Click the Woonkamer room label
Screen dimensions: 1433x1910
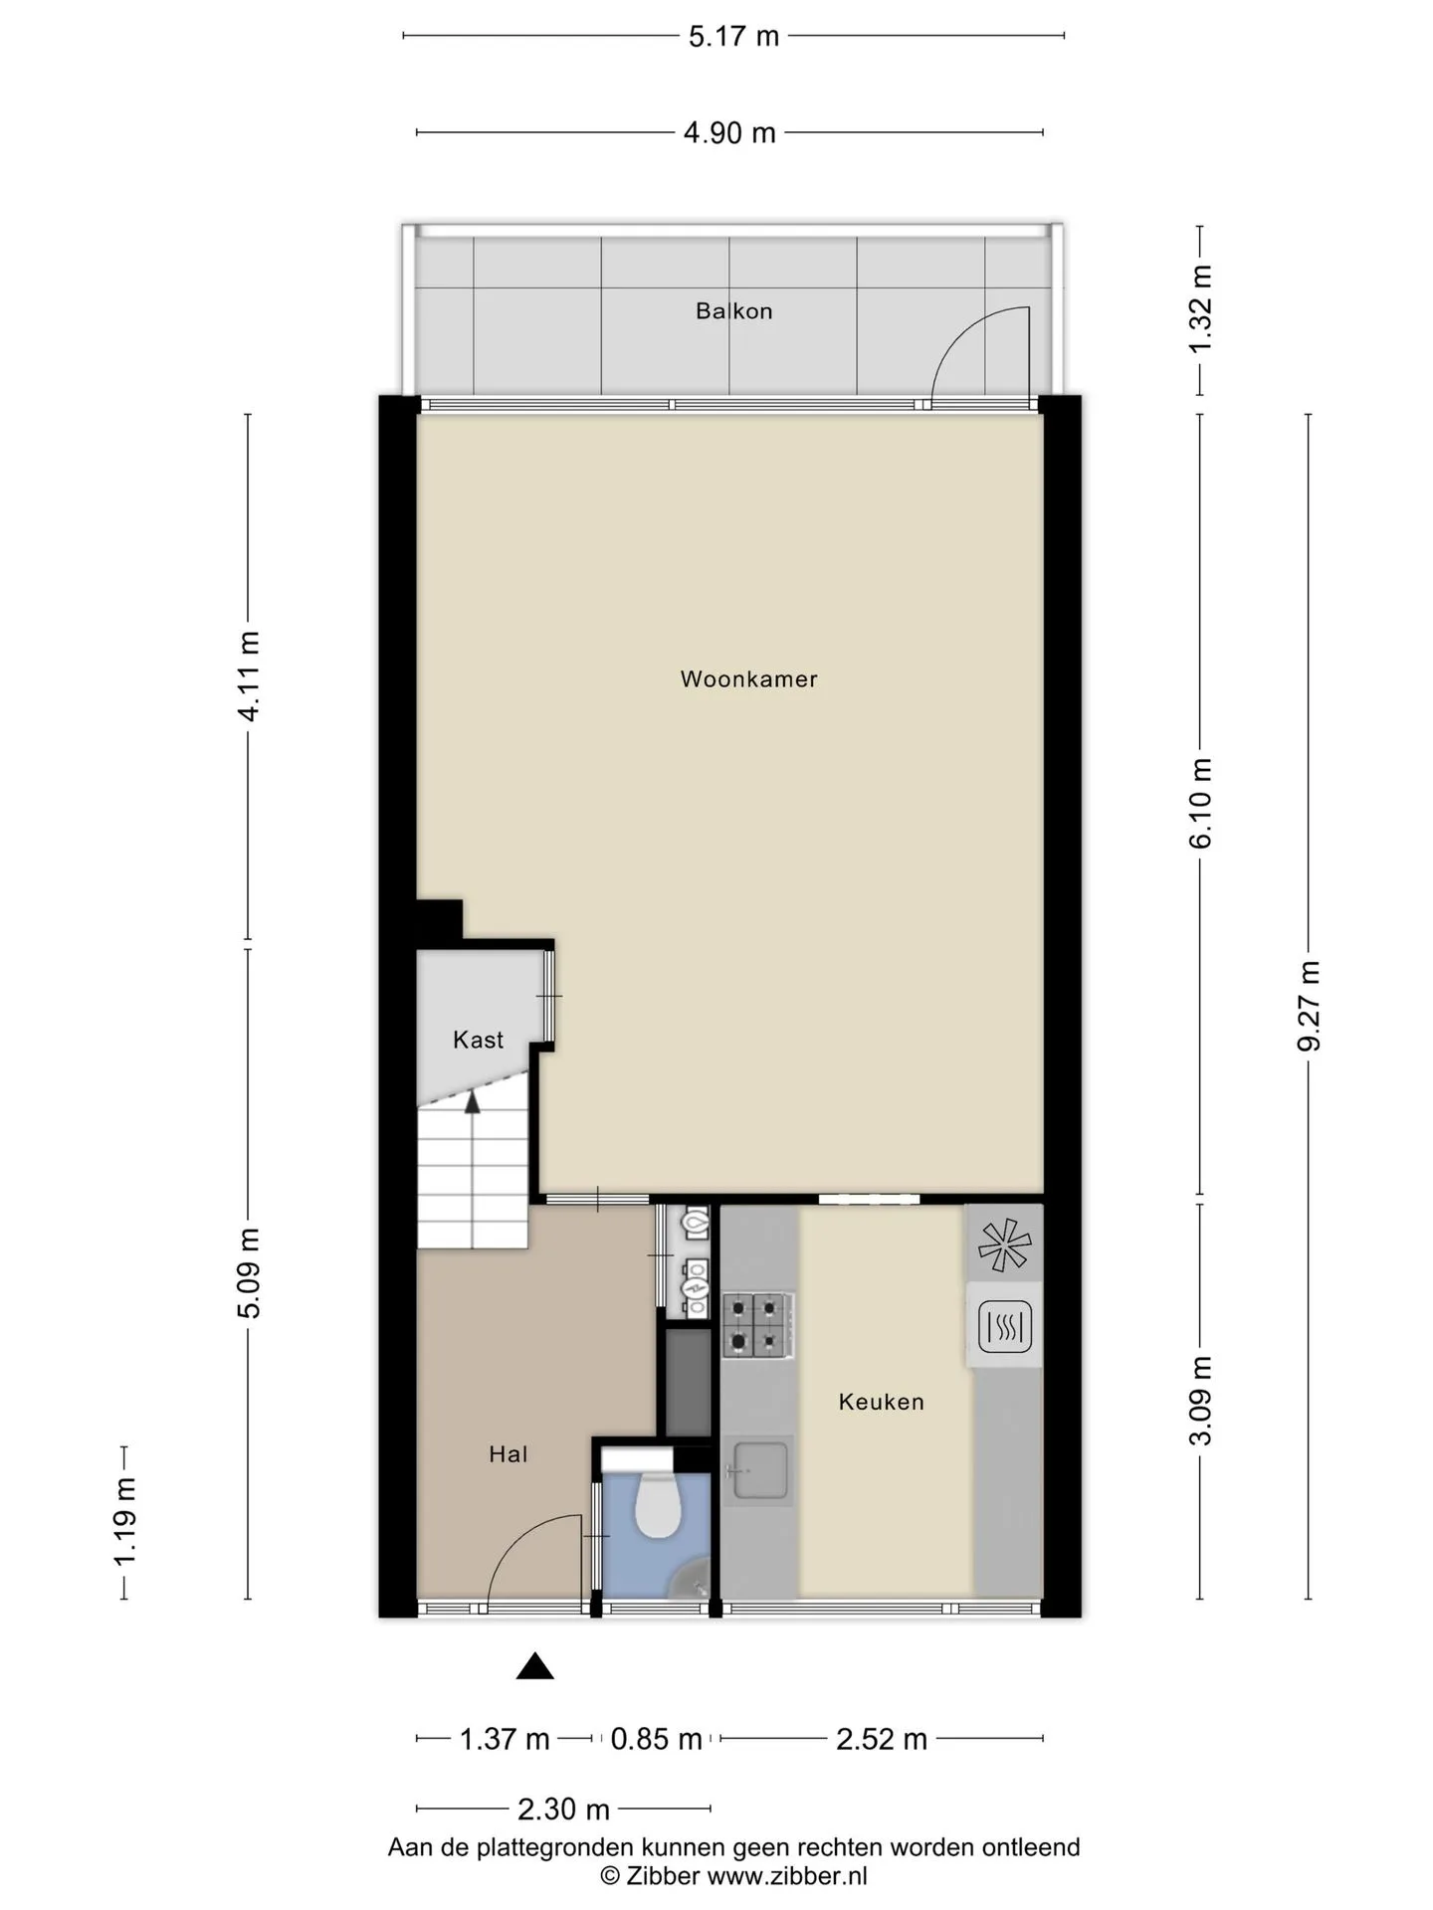click(748, 679)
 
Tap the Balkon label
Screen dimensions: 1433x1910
click(733, 311)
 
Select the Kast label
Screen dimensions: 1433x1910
click(478, 1040)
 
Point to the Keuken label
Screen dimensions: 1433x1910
click(881, 1402)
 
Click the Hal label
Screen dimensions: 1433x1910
click(508, 1454)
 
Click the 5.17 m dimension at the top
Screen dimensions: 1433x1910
click(733, 36)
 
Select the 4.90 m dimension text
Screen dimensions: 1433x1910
click(729, 132)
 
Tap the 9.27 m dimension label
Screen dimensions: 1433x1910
click(1309, 1006)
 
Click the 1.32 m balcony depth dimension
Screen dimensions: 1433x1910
click(1200, 307)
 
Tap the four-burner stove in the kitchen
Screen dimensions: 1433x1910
click(757, 1325)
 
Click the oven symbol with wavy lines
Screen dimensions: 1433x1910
click(1005, 1327)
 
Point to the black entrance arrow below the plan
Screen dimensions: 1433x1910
click(534, 1666)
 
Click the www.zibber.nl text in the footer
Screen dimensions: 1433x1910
click(787, 1876)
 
